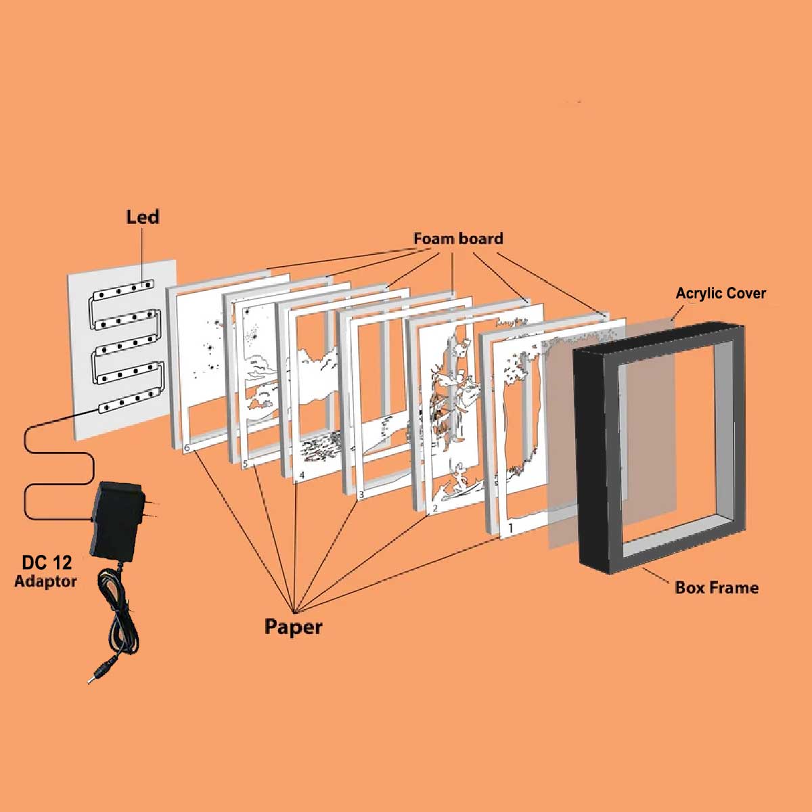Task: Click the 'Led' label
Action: click(x=142, y=217)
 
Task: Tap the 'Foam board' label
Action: click(x=458, y=239)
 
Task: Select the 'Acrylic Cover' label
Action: click(x=721, y=294)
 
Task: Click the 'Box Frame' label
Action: click(x=717, y=587)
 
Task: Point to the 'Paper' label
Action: click(x=293, y=627)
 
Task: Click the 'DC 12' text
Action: click(x=47, y=563)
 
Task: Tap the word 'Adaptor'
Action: click(x=45, y=581)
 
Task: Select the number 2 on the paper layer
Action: click(x=435, y=507)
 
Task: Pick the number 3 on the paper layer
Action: click(x=361, y=495)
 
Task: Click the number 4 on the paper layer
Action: click(x=301, y=476)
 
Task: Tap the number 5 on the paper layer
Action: click(x=246, y=464)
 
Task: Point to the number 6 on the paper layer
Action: click(x=187, y=447)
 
